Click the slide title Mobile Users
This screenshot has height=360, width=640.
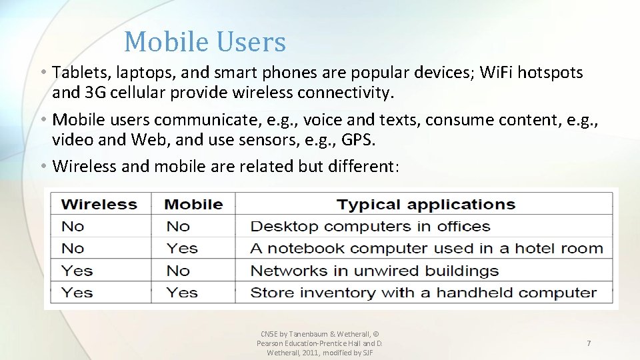(x=205, y=42)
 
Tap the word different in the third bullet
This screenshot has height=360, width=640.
(x=363, y=166)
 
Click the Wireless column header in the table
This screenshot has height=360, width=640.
(x=99, y=204)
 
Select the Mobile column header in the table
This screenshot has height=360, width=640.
(x=193, y=204)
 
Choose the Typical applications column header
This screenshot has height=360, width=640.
(x=425, y=204)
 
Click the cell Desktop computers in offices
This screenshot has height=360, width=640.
(x=370, y=227)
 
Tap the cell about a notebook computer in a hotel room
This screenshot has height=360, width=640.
(x=426, y=249)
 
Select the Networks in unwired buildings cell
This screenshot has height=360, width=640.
(x=374, y=271)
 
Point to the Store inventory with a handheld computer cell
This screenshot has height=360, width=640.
(x=423, y=293)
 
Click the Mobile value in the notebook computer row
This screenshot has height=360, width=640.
(x=182, y=249)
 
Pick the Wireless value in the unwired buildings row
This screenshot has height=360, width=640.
(x=77, y=271)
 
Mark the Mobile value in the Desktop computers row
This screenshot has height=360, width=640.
(x=178, y=227)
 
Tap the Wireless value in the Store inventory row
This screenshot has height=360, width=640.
(x=77, y=293)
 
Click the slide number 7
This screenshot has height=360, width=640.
(x=588, y=343)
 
